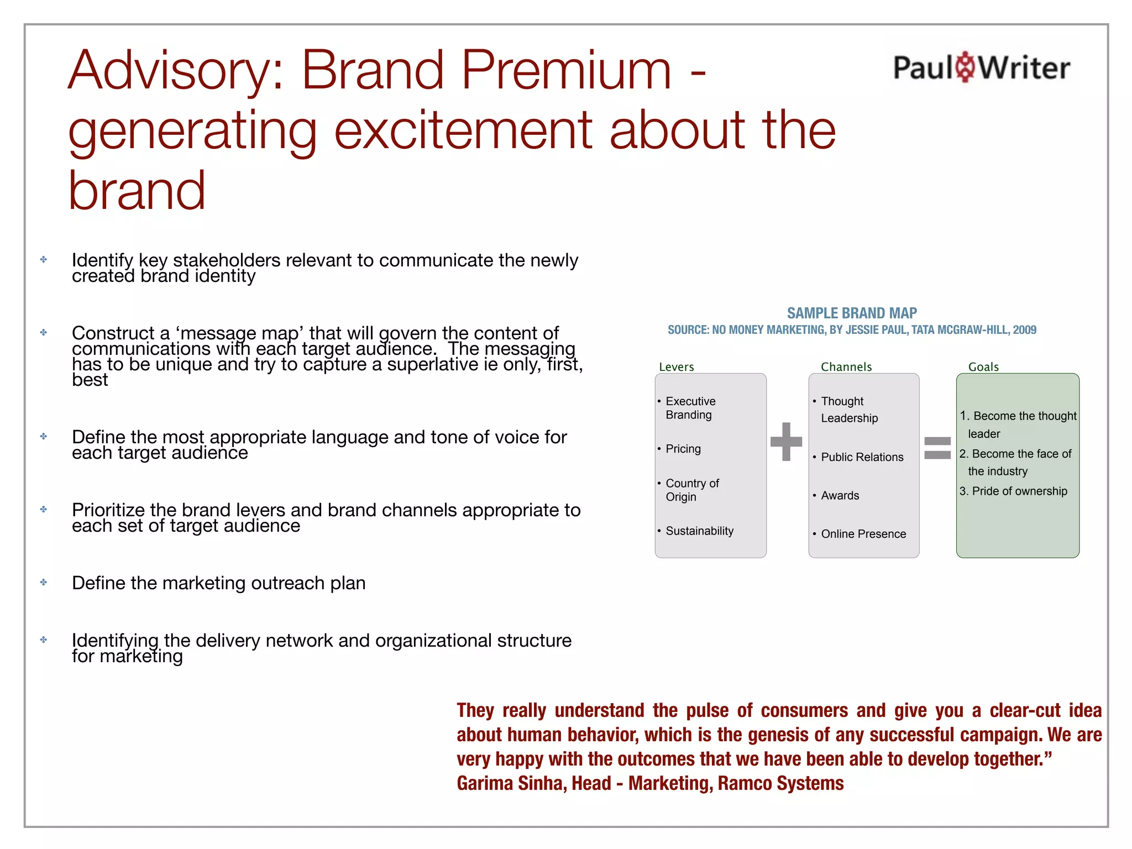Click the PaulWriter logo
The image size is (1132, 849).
(x=981, y=67)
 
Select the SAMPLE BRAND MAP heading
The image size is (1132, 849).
(x=852, y=313)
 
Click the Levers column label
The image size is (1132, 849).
(x=676, y=366)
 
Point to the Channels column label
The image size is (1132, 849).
(x=846, y=366)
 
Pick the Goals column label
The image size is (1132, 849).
(x=983, y=366)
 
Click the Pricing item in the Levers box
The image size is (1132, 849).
(x=683, y=449)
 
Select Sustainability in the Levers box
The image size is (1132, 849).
(x=699, y=531)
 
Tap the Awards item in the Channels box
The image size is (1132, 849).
(x=840, y=495)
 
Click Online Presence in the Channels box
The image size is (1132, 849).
(x=863, y=534)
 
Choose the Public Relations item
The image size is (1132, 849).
(x=862, y=457)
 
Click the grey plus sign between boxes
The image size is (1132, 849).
(x=786, y=441)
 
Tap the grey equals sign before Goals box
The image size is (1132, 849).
(x=937, y=448)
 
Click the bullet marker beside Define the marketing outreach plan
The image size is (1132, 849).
(x=44, y=582)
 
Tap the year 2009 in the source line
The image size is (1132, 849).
(x=1024, y=330)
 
